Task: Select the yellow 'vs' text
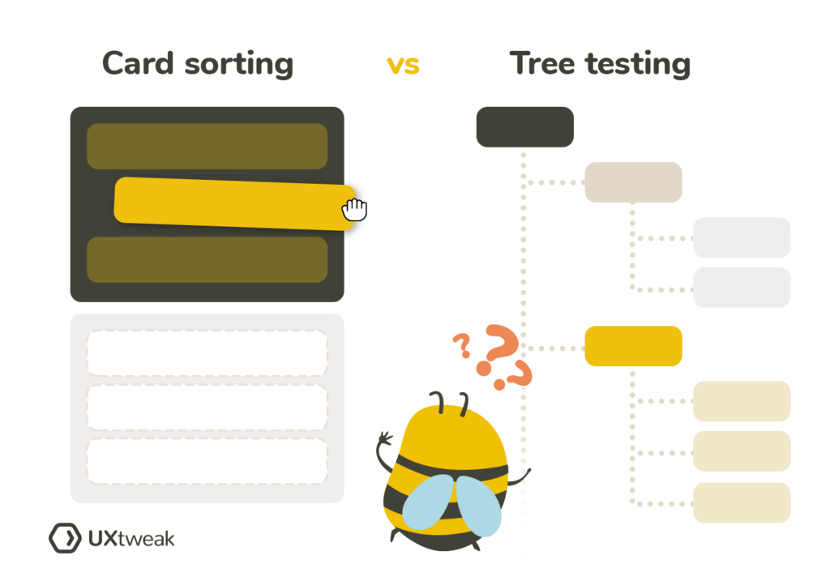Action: click(403, 65)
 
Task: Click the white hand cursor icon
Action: click(354, 210)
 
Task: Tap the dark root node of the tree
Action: click(524, 126)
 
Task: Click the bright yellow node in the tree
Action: click(633, 346)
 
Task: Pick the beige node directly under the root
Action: click(633, 182)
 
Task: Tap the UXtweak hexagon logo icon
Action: click(64, 537)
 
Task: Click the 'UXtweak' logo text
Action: click(130, 538)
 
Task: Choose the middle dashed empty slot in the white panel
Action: click(207, 407)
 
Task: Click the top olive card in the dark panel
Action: click(207, 147)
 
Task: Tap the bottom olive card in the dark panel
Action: click(207, 259)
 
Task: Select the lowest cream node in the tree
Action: click(742, 502)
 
